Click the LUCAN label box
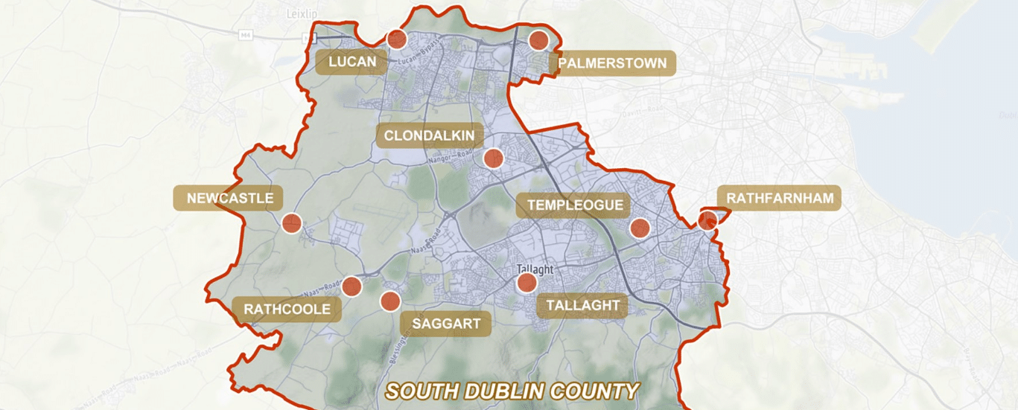pos(352,62)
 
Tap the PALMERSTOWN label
pos(612,63)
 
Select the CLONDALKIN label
pos(430,136)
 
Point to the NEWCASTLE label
pos(230,199)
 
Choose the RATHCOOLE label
pos(287,309)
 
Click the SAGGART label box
pos(446,324)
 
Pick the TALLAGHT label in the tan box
pos(582,306)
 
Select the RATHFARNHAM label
pos(779,199)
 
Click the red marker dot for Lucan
pos(397,39)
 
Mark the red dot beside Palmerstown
pos(538,41)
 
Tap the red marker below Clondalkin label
pos(493,158)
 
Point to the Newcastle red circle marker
pos(291,222)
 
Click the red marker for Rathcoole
pos(351,286)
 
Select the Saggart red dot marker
pos(390,301)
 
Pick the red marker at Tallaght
pos(527,283)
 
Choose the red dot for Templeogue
pos(640,228)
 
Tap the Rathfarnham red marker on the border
pos(707,220)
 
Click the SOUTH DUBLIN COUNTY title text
pos(512,391)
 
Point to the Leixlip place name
pos(302,13)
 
